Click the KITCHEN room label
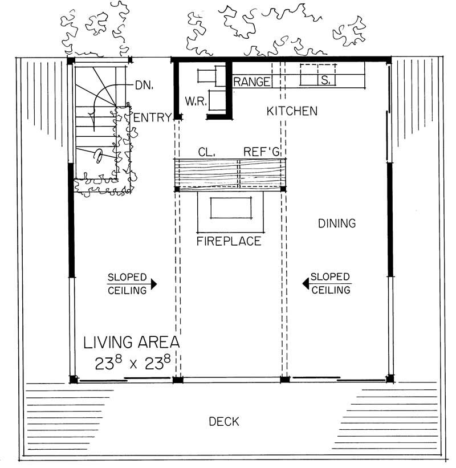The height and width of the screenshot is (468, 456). tap(292, 111)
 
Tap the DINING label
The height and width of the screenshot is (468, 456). tap(337, 223)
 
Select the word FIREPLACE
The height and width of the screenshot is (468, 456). tap(229, 241)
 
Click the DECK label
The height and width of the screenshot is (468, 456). tap(223, 422)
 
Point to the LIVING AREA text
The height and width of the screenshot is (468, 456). tap(132, 343)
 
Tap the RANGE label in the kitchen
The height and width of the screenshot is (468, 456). tap(251, 82)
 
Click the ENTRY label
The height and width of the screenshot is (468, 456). tap(152, 118)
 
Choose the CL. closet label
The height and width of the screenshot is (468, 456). tap(206, 152)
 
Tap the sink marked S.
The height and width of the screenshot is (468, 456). tap(325, 80)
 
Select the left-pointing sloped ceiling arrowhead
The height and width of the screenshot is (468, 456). tap(306, 281)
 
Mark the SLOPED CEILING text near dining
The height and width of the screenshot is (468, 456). tap(331, 283)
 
